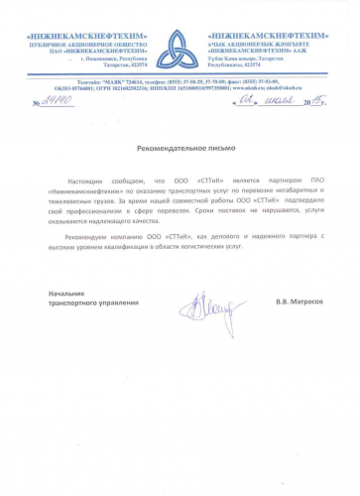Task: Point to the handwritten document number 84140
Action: click(55, 102)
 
